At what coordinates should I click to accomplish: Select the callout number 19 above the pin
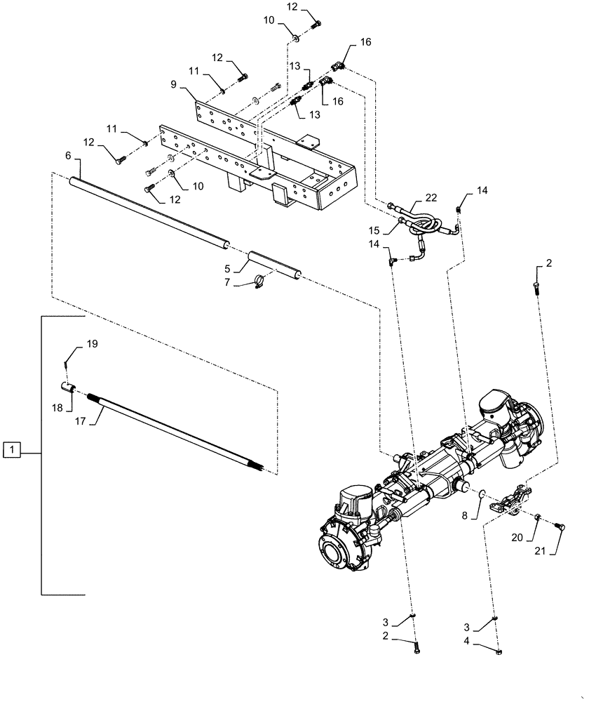(x=93, y=344)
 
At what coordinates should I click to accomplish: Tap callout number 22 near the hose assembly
(x=430, y=199)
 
